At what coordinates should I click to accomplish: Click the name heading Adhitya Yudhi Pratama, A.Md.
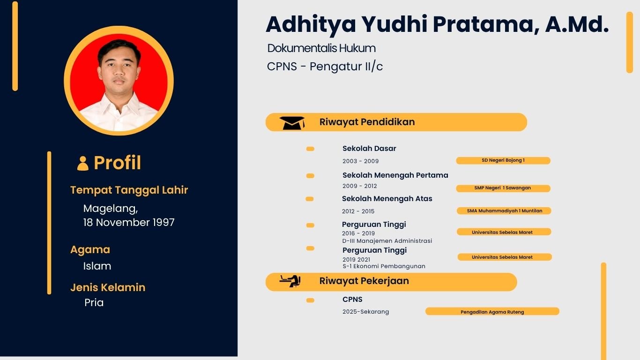437,24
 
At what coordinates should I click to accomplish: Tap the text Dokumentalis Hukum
321,48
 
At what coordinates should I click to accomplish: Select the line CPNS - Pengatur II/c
325,67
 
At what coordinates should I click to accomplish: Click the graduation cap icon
292,123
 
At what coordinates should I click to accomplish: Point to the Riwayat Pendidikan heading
367,122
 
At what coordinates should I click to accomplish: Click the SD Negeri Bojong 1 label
503,160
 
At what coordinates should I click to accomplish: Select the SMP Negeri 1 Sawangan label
503,188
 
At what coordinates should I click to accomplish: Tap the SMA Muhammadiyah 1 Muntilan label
504,211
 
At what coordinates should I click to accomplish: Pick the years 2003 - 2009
360,161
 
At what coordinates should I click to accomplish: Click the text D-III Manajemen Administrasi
387,241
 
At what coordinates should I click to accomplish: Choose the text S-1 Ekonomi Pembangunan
384,266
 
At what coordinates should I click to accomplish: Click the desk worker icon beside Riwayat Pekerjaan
290,281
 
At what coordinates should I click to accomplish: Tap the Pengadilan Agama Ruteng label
492,312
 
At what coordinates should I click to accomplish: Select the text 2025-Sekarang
365,312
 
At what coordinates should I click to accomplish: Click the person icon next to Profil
83,163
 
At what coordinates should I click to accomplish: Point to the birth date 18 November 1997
129,223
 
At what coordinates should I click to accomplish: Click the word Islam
97,266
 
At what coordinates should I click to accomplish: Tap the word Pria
94,303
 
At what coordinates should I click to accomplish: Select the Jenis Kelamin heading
108,287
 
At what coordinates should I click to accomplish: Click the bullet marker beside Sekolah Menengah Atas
310,199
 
